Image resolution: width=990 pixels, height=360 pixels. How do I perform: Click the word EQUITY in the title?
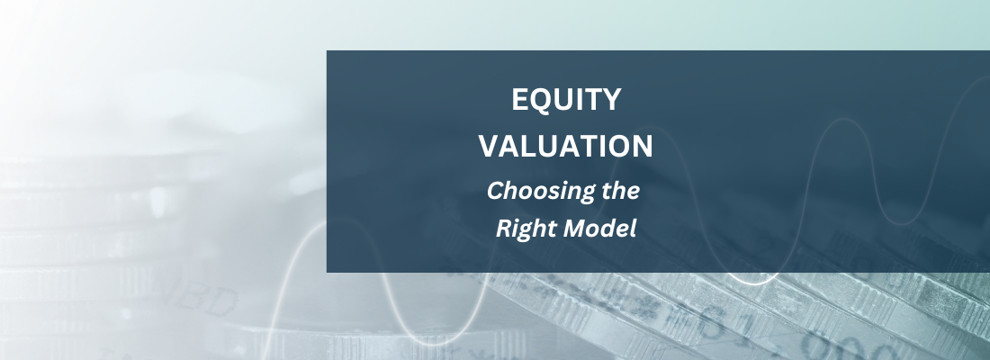pyautogui.click(x=566, y=100)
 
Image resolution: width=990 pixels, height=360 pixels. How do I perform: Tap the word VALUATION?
pyautogui.click(x=566, y=146)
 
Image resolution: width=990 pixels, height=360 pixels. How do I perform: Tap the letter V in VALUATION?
pyautogui.click(x=487, y=146)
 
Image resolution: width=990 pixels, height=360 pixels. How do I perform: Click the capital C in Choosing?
pyautogui.click(x=494, y=191)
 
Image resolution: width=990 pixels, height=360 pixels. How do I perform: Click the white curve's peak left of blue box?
pyautogui.click(x=311, y=224)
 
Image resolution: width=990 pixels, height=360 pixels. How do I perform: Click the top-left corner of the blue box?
pyautogui.click(x=327, y=51)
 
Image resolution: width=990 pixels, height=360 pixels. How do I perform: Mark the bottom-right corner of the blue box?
pyautogui.click(x=989, y=272)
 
